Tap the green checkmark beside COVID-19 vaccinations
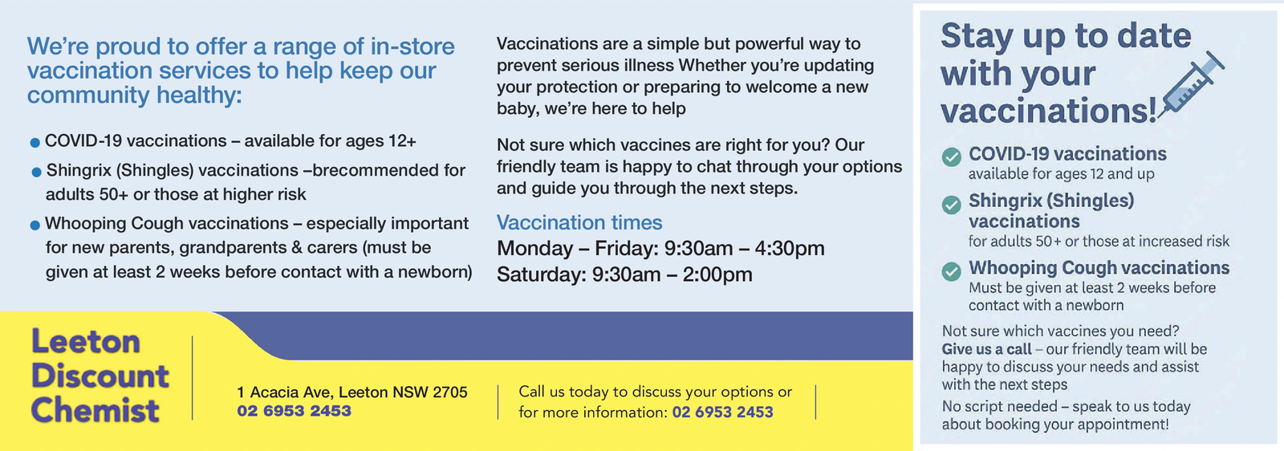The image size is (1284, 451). tap(952, 156)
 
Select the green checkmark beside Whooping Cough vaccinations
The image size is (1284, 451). tap(952, 271)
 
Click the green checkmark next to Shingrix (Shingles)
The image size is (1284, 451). tap(952, 204)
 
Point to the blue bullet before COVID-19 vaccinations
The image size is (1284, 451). tap(35, 143)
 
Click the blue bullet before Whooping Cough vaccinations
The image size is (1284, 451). tap(35, 225)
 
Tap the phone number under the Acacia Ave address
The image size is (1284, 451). tap(294, 411)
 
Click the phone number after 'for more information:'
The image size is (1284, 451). tap(722, 412)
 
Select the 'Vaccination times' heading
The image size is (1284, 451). tap(579, 222)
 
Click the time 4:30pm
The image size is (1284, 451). tap(790, 248)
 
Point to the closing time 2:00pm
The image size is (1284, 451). tap(717, 274)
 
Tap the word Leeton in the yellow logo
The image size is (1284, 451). tap(85, 342)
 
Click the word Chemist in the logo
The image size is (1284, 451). tap(95, 410)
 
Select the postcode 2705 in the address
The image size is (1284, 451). tap(450, 392)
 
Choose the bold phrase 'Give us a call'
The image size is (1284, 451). tap(986, 349)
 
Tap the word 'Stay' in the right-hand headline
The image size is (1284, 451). tap(976, 37)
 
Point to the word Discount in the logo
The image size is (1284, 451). tap(100, 376)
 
